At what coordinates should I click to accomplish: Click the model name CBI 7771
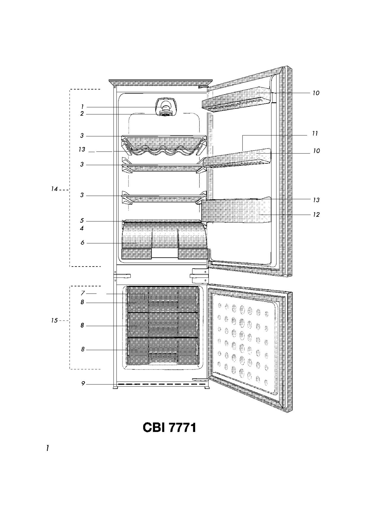click(x=169, y=428)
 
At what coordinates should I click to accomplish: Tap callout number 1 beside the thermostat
click(x=82, y=107)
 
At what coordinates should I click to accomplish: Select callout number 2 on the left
click(x=82, y=114)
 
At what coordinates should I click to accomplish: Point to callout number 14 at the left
click(x=54, y=189)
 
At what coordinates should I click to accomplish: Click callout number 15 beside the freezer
click(x=54, y=320)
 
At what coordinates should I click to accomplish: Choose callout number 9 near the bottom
click(x=83, y=384)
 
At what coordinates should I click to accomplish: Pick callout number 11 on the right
click(x=315, y=133)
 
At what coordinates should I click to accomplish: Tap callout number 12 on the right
click(x=316, y=214)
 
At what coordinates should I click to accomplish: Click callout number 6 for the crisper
click(x=82, y=243)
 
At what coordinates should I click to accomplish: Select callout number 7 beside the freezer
click(x=83, y=293)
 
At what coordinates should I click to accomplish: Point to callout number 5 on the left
click(x=82, y=221)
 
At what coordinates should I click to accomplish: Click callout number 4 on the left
click(x=82, y=228)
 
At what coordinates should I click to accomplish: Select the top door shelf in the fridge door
click(x=237, y=99)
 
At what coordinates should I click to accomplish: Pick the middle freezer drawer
click(x=163, y=325)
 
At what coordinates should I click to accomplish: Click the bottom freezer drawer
click(x=163, y=351)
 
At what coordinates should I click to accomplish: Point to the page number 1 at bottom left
click(x=47, y=448)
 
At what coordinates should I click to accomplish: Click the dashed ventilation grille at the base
click(x=162, y=384)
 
